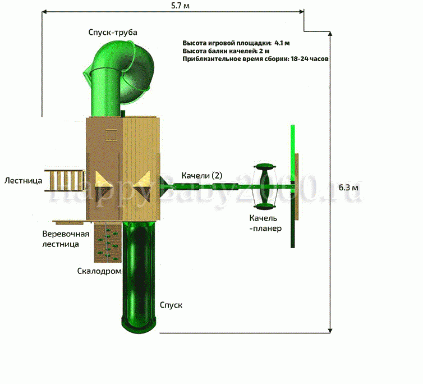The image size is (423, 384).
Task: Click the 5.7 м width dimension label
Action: pos(180,6)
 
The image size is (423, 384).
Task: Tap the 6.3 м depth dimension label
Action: pos(348,188)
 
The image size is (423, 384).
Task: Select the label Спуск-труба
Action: pos(113,33)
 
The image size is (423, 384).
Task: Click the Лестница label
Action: pos(23,180)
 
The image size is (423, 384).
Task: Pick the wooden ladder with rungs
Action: pos(65,181)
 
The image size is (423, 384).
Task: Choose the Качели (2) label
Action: pos(202,176)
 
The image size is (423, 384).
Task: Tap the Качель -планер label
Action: pos(265,223)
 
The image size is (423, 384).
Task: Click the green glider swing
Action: pos(265,186)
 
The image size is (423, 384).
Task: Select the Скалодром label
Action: pos(99,271)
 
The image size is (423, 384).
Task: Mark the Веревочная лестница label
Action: pos(66,239)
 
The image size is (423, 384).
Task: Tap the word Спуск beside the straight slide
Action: pos(171,305)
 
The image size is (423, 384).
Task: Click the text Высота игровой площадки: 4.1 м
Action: pos(236,43)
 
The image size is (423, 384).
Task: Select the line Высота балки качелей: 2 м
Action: pos(226,51)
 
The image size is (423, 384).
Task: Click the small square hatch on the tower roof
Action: pos(111,135)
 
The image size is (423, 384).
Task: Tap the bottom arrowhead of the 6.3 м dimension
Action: pos(330,331)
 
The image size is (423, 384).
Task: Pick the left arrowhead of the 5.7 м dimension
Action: pos(44,12)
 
